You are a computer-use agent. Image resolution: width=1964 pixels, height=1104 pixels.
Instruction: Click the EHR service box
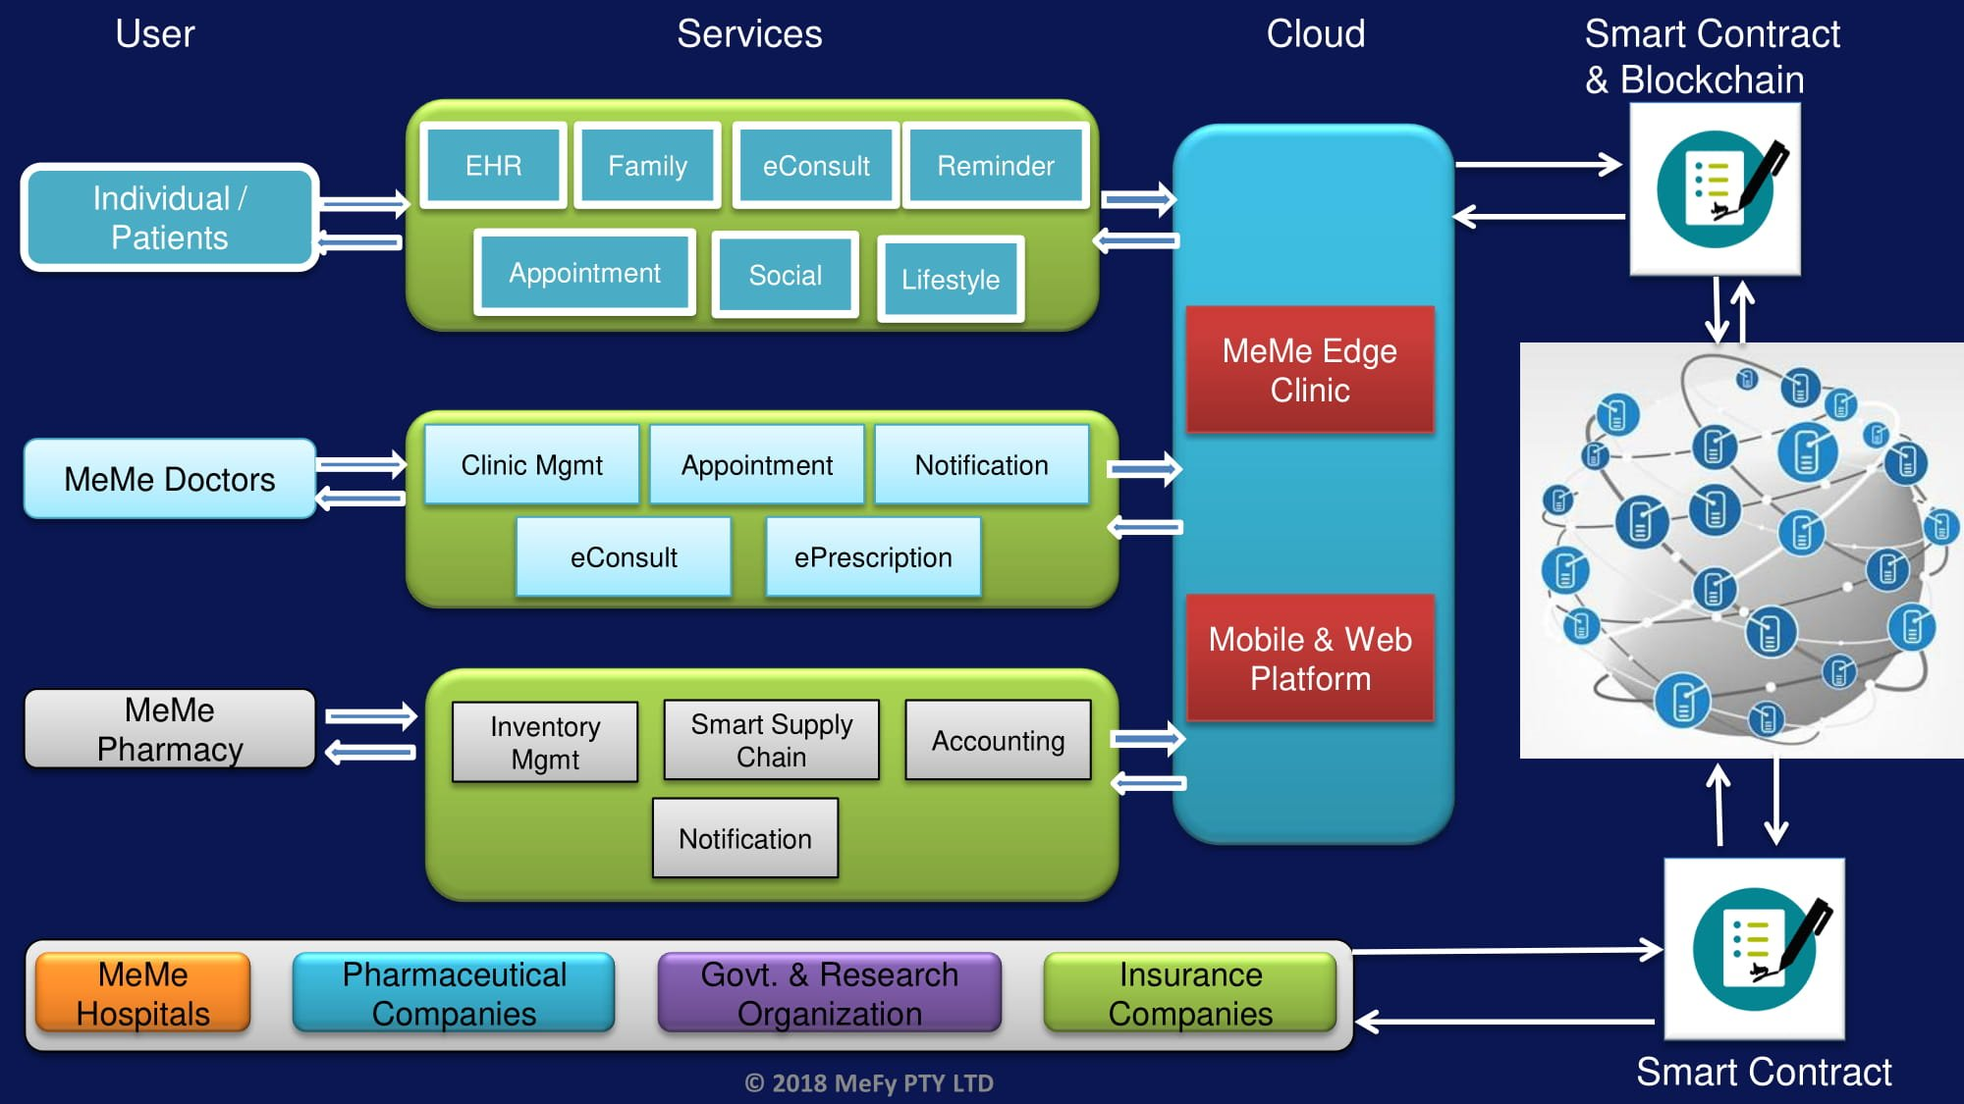493,166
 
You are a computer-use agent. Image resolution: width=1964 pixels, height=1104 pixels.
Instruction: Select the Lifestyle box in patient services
951,280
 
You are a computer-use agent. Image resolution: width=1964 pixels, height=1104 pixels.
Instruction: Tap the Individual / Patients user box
169,218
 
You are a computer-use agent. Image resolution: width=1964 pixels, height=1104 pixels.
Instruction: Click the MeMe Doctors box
169,479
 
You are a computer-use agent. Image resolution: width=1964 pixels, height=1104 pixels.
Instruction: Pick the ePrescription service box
873,557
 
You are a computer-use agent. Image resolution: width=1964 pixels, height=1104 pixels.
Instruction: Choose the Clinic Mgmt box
531,465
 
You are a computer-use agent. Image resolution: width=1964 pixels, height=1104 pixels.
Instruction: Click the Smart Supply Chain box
771,741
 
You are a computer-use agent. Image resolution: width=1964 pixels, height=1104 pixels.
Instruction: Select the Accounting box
998,741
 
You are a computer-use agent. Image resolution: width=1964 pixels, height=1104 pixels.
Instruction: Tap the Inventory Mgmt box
545,743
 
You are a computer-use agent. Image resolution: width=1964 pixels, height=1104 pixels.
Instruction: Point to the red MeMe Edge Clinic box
1309,370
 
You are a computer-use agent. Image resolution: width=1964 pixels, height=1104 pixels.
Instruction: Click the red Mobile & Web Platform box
1309,658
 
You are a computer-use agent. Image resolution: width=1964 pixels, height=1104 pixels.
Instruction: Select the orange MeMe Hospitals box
142,993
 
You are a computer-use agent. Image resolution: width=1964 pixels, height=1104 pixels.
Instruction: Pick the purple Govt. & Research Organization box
829,993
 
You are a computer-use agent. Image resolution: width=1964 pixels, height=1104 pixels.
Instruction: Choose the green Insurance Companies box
1190,993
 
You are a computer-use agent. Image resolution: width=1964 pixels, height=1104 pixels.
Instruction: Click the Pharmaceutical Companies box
454,993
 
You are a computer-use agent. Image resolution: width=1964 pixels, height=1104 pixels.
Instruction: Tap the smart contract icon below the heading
1715,189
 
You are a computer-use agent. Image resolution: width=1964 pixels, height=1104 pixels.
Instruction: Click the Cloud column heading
1315,34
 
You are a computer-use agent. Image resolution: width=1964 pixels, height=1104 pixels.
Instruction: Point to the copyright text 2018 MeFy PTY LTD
869,1083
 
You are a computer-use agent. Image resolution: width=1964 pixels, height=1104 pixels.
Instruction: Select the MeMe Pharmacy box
169,729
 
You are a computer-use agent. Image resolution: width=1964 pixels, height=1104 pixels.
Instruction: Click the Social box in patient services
785,276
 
